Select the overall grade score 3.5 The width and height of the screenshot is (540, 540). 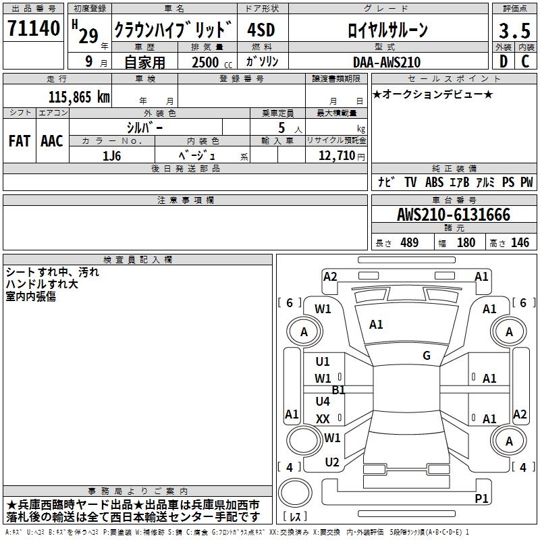click(514, 30)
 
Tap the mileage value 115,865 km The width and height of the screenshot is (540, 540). click(79, 97)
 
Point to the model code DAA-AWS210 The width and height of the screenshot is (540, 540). click(387, 62)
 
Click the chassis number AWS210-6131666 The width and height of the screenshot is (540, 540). click(453, 215)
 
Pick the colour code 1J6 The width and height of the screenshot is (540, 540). click(111, 155)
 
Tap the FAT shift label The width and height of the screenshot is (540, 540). click(20, 141)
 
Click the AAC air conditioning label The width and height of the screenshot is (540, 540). click(51, 141)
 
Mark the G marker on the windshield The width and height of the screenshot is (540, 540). click(427, 356)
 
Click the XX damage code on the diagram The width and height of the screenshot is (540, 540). click(323, 419)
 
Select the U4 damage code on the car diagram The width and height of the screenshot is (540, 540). click(323, 402)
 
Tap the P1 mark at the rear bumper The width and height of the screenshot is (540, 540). click(481, 499)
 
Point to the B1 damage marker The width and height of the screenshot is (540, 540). click(338, 390)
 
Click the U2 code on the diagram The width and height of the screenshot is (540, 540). click(331, 462)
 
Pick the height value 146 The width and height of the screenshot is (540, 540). click(520, 243)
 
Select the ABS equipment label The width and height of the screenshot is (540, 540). click(434, 182)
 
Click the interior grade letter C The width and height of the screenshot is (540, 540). click(524, 61)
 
